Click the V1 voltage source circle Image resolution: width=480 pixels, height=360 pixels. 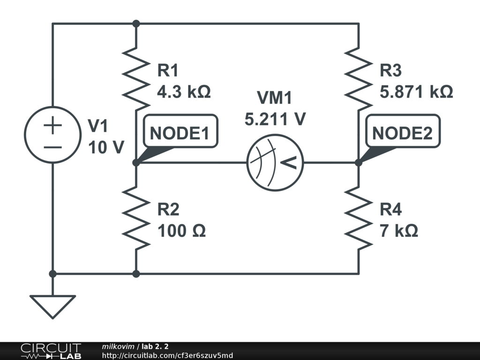tap(52, 135)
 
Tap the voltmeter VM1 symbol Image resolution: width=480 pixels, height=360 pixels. tap(275, 163)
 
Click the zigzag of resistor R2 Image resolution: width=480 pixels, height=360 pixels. tap(136, 218)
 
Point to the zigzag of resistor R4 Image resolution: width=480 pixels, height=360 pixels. tap(359, 218)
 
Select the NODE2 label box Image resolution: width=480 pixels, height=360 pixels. tap(402, 134)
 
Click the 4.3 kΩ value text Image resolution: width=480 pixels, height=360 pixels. tap(184, 91)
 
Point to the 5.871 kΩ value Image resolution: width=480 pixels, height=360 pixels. tap(416, 91)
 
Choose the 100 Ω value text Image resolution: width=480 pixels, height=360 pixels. tap(181, 231)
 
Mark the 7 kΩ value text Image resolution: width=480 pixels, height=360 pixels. tap(399, 231)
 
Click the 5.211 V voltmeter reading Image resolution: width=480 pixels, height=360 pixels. tap(275, 119)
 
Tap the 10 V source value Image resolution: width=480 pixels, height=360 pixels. tap(106, 147)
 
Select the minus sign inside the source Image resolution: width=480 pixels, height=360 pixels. tap(52, 146)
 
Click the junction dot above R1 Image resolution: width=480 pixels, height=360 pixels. tap(136, 23)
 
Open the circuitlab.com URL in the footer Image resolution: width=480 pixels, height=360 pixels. tap(167, 355)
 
